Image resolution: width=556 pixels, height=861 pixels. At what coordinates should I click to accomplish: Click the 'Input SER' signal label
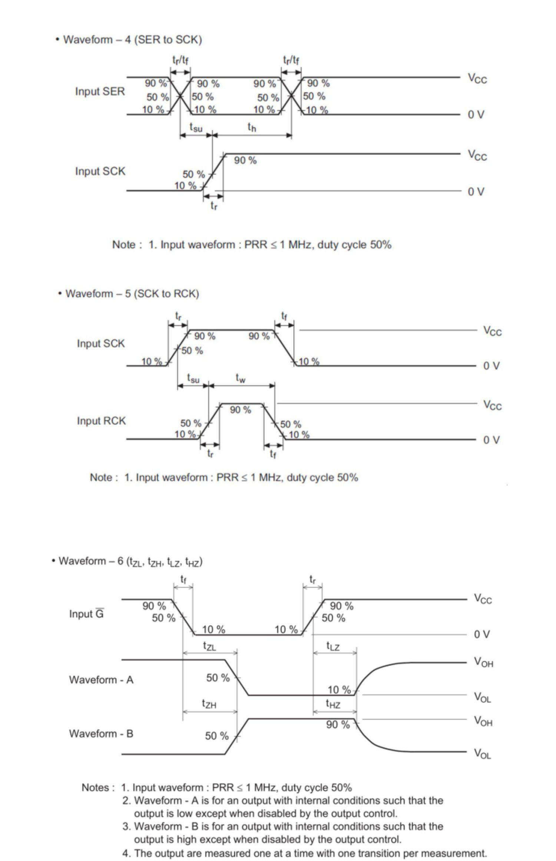click(x=100, y=91)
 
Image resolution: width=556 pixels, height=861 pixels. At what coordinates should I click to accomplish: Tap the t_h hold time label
click(x=252, y=128)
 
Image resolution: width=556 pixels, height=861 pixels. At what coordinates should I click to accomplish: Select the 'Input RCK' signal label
click(x=101, y=421)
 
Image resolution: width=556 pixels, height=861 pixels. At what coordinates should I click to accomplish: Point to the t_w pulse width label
click(x=241, y=378)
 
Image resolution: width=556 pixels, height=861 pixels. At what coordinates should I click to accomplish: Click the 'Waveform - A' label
click(x=101, y=680)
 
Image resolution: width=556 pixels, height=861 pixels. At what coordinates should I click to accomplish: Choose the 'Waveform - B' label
click(x=101, y=733)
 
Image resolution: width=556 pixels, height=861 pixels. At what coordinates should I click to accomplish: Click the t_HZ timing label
click(x=333, y=704)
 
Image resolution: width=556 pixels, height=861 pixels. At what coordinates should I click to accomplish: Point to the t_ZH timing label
click(x=209, y=704)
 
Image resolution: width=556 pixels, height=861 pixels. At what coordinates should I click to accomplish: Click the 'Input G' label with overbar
click(x=86, y=614)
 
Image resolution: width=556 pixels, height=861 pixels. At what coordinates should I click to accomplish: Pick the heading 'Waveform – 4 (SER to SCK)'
click(x=132, y=40)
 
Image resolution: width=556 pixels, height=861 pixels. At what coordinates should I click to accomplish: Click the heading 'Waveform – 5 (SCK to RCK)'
click(x=132, y=294)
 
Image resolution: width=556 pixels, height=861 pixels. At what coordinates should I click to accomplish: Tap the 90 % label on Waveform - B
click(x=338, y=725)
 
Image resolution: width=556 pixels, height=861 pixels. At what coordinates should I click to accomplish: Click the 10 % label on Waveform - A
click(x=339, y=690)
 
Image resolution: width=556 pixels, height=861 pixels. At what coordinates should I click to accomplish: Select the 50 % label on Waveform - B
click(x=217, y=736)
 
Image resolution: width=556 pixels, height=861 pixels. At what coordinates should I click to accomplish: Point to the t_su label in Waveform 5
click(x=193, y=379)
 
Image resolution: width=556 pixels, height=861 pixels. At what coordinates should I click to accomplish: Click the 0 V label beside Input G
click(x=481, y=634)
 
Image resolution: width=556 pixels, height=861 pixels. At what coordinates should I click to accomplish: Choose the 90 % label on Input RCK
click(x=241, y=410)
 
